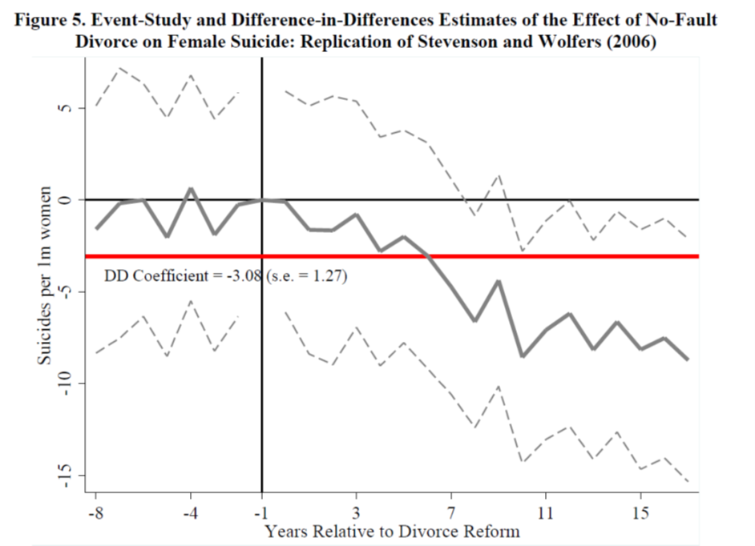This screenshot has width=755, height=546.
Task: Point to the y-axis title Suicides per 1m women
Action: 46,277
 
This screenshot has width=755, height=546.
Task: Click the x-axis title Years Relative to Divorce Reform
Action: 392,531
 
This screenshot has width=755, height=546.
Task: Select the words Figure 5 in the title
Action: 50,20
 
